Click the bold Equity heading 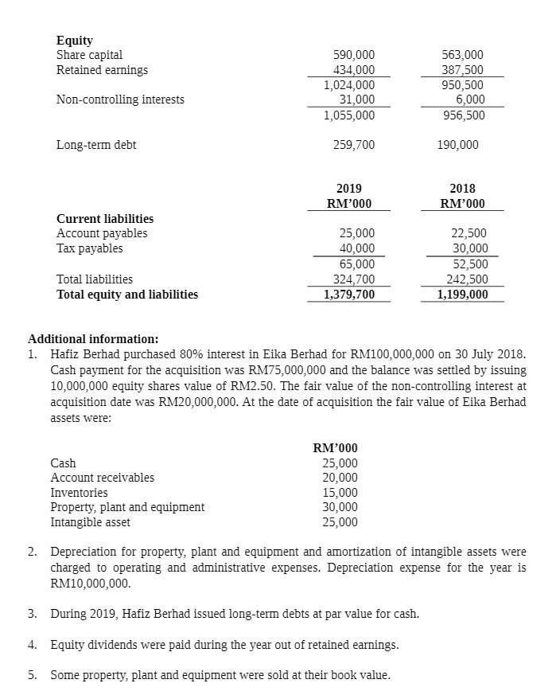click(75, 40)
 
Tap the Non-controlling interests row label click(120, 100)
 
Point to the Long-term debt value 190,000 click(458, 145)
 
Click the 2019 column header click(348, 189)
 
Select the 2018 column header click(462, 189)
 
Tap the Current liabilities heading click(105, 218)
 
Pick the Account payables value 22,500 click(469, 233)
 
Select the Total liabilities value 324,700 click(353, 279)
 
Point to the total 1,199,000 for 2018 click(462, 295)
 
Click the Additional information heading click(93, 338)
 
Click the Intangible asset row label click(90, 522)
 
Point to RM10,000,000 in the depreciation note click(90, 583)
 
